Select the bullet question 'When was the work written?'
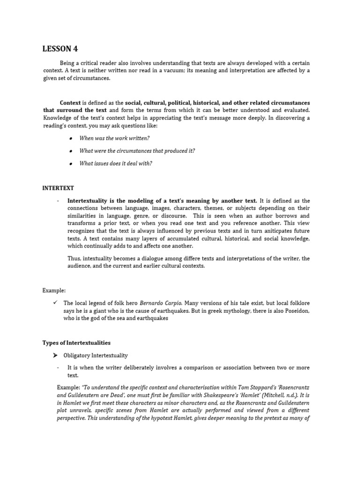click(x=114, y=138)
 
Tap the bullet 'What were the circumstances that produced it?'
click(x=137, y=151)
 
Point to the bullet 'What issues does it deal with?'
click(x=116, y=164)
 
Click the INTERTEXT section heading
click(x=58, y=188)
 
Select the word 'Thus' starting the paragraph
click(x=74, y=258)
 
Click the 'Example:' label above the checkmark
click(x=54, y=291)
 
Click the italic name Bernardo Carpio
click(x=161, y=303)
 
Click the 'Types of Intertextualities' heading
click(x=76, y=343)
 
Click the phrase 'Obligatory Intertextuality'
click(x=97, y=356)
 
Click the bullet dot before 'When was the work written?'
click(x=70, y=139)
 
